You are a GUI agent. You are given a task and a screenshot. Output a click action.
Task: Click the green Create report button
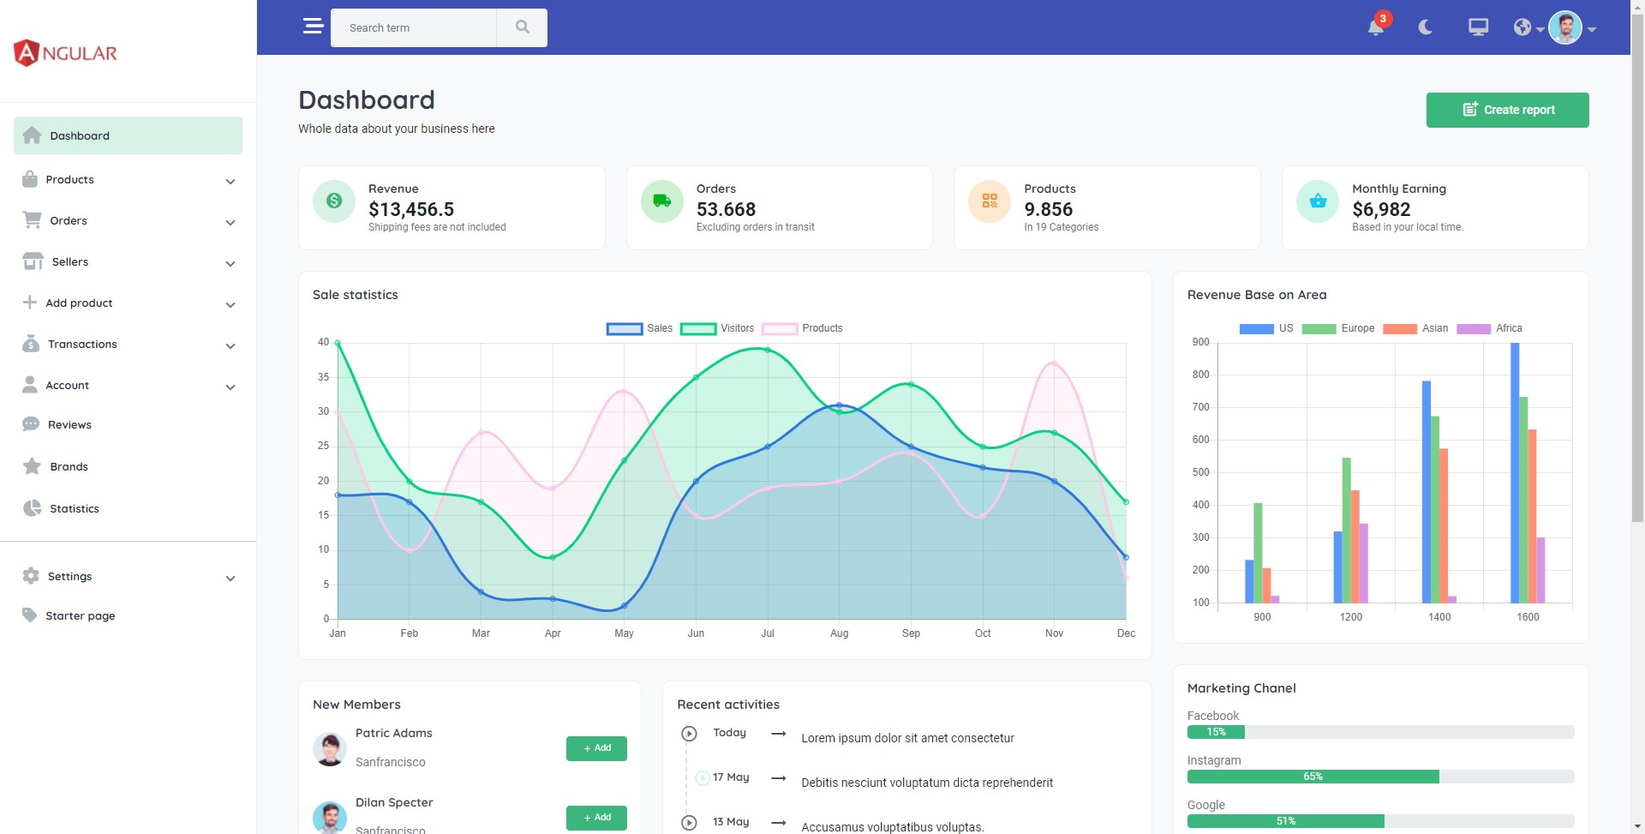click(x=1507, y=110)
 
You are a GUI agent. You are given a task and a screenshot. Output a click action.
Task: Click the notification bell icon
click(x=1375, y=27)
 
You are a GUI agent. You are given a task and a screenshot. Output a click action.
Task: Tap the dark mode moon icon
click(x=1426, y=27)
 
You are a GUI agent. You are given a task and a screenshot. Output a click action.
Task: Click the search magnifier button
click(x=522, y=27)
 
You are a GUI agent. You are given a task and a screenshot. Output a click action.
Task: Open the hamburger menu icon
click(x=313, y=27)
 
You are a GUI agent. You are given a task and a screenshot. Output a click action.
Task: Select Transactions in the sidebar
click(x=82, y=345)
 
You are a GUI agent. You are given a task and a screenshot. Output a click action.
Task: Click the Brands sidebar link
click(x=69, y=467)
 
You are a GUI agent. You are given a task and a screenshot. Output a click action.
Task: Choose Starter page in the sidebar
click(x=80, y=616)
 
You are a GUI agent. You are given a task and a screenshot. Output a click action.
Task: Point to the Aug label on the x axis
click(x=839, y=633)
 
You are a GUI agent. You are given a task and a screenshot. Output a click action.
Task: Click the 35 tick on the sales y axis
click(x=323, y=377)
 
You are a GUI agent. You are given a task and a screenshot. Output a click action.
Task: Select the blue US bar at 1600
click(x=1515, y=471)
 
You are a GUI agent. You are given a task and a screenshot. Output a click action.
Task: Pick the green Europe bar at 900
click(x=1258, y=553)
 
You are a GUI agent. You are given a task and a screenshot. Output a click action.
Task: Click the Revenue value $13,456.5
click(x=411, y=209)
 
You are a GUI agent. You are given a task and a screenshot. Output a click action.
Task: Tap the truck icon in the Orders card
click(x=662, y=201)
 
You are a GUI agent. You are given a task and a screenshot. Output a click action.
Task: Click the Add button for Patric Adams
click(x=596, y=748)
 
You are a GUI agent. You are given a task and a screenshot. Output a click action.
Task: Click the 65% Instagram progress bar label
click(x=1313, y=777)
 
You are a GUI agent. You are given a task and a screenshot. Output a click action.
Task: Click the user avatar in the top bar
click(x=1564, y=27)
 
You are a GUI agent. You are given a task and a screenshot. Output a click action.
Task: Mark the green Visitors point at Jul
click(x=768, y=350)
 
